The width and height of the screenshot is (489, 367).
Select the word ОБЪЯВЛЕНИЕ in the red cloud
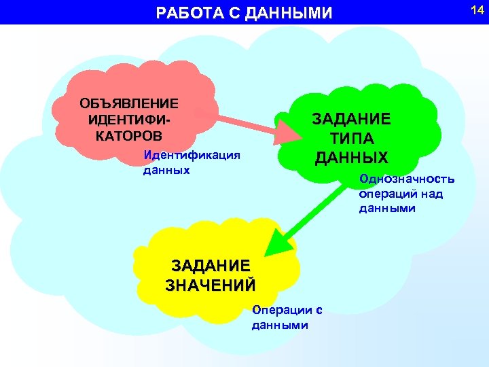pyautogui.click(x=129, y=103)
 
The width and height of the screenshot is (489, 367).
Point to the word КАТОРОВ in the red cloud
pyautogui.click(x=129, y=133)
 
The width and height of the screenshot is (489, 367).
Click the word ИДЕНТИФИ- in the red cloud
pyautogui.click(x=129, y=118)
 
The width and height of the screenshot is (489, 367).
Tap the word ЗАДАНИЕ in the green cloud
pyautogui.click(x=351, y=119)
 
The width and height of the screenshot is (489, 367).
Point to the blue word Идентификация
pyautogui.click(x=192, y=156)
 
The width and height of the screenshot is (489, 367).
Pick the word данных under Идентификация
pyautogui.click(x=166, y=170)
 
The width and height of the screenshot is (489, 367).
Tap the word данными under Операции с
pyautogui.click(x=280, y=325)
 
